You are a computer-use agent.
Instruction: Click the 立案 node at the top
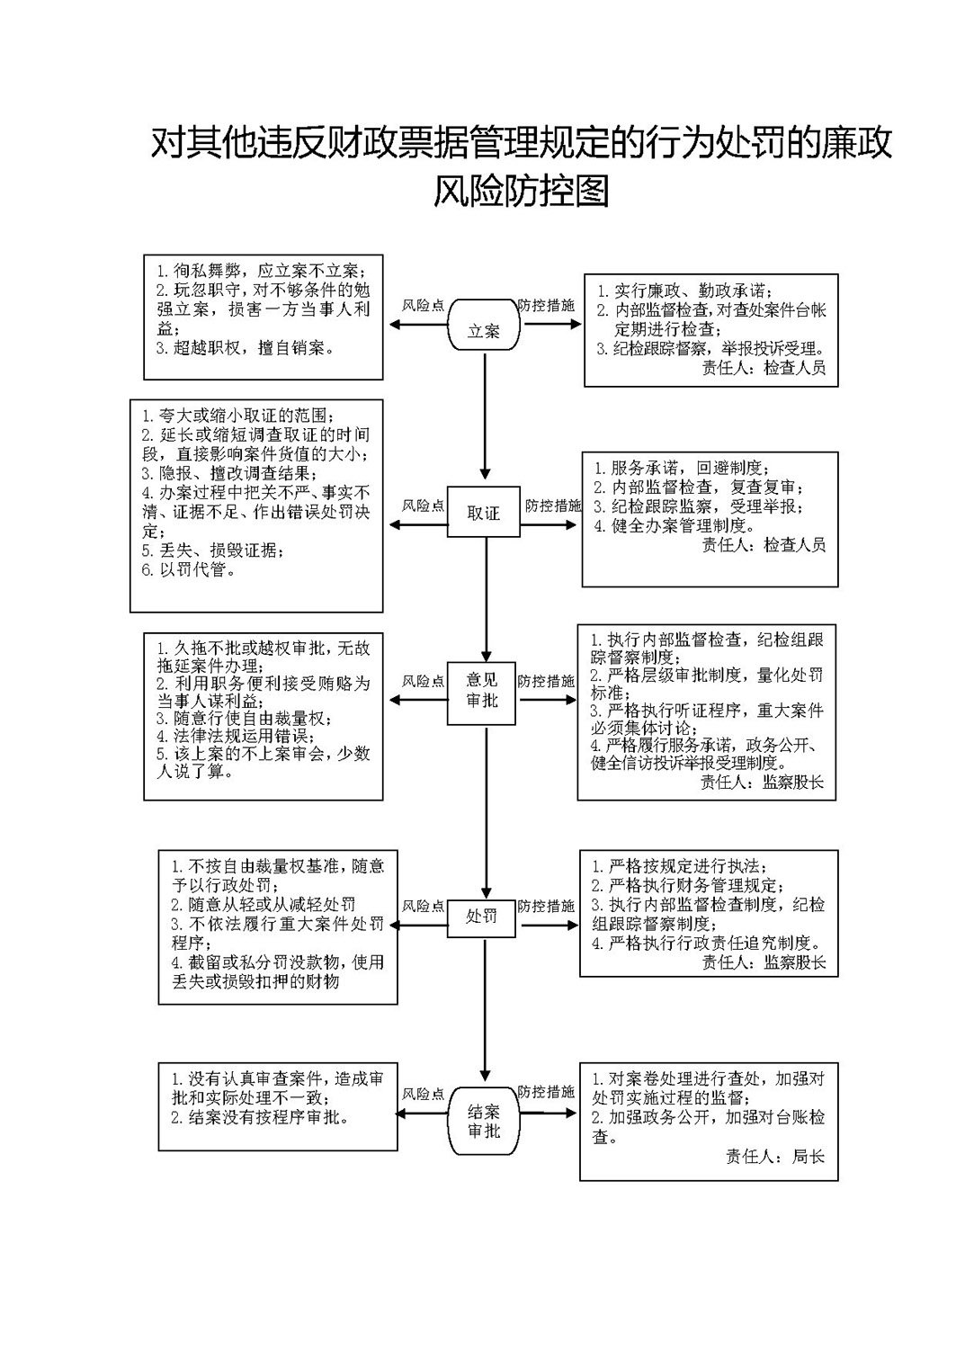485,325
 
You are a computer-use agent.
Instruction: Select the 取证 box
483,512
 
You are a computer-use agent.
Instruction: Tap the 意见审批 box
481,693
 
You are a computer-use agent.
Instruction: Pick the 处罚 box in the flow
481,917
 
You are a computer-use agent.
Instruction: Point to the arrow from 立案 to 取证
485,416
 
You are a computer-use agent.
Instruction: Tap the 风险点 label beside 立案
423,305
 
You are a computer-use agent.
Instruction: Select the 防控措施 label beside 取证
552,506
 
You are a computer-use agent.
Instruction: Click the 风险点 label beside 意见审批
423,681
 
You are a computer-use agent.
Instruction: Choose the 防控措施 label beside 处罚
545,906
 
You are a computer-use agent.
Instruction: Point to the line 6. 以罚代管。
189,569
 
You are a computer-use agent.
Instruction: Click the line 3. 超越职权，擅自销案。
245,348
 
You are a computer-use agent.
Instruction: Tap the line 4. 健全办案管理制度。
675,525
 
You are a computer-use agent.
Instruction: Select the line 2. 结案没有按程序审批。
261,1117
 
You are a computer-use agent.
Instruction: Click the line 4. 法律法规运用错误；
236,736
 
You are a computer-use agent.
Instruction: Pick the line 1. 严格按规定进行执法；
680,867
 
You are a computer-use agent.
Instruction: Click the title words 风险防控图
522,192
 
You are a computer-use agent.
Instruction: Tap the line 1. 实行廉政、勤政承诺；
685,291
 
